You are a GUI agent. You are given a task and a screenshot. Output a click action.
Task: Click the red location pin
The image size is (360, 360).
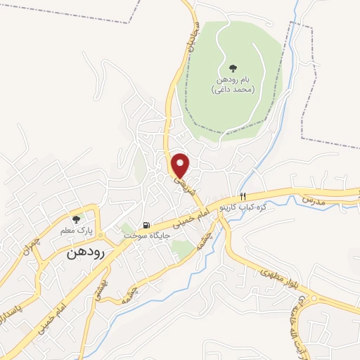pos(181,165)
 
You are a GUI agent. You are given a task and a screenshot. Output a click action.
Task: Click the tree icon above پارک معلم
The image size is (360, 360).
pos(76,219)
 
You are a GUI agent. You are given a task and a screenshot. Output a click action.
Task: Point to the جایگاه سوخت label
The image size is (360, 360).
pos(148,236)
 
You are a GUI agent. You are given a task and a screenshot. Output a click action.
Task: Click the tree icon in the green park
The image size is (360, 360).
pos(233,68)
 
